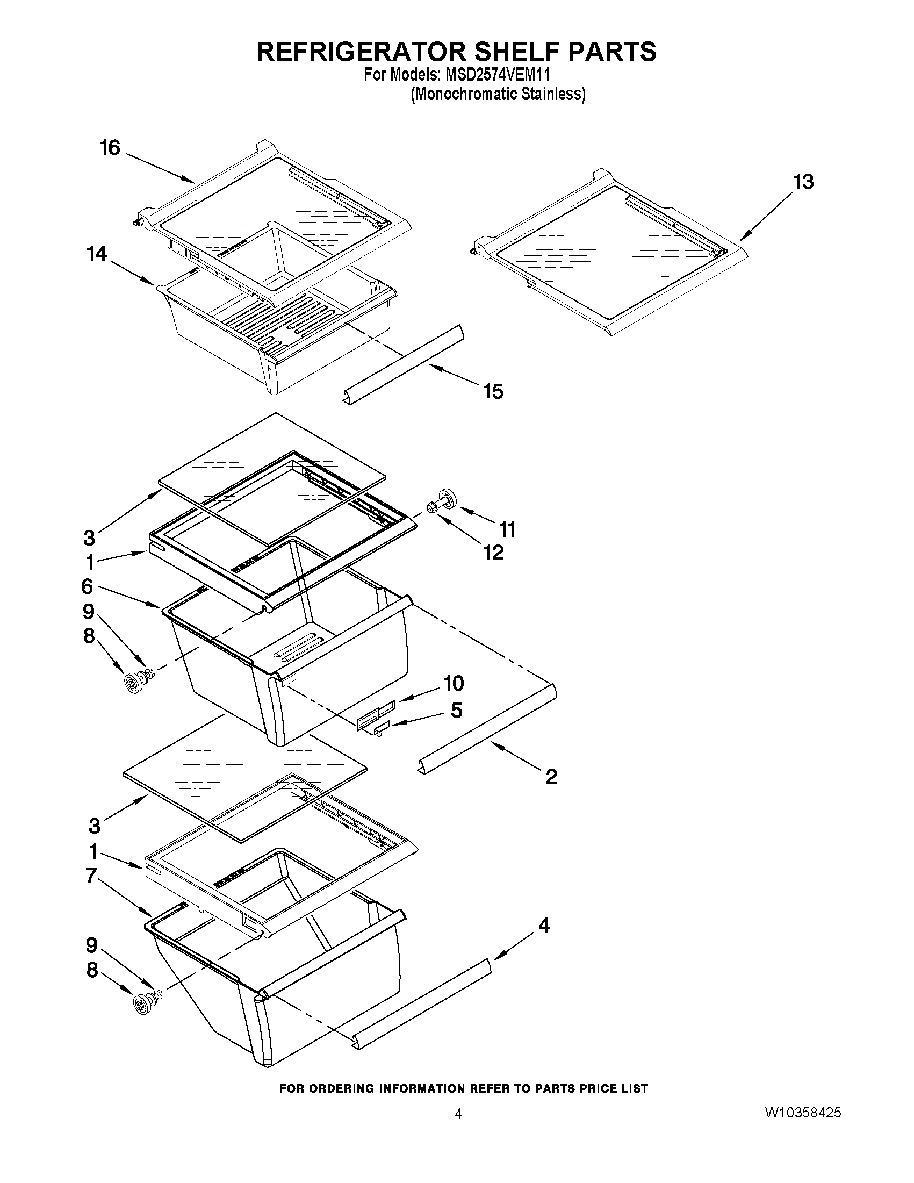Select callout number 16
click(110, 147)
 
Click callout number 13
click(803, 182)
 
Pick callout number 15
click(493, 391)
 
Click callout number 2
click(551, 777)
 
